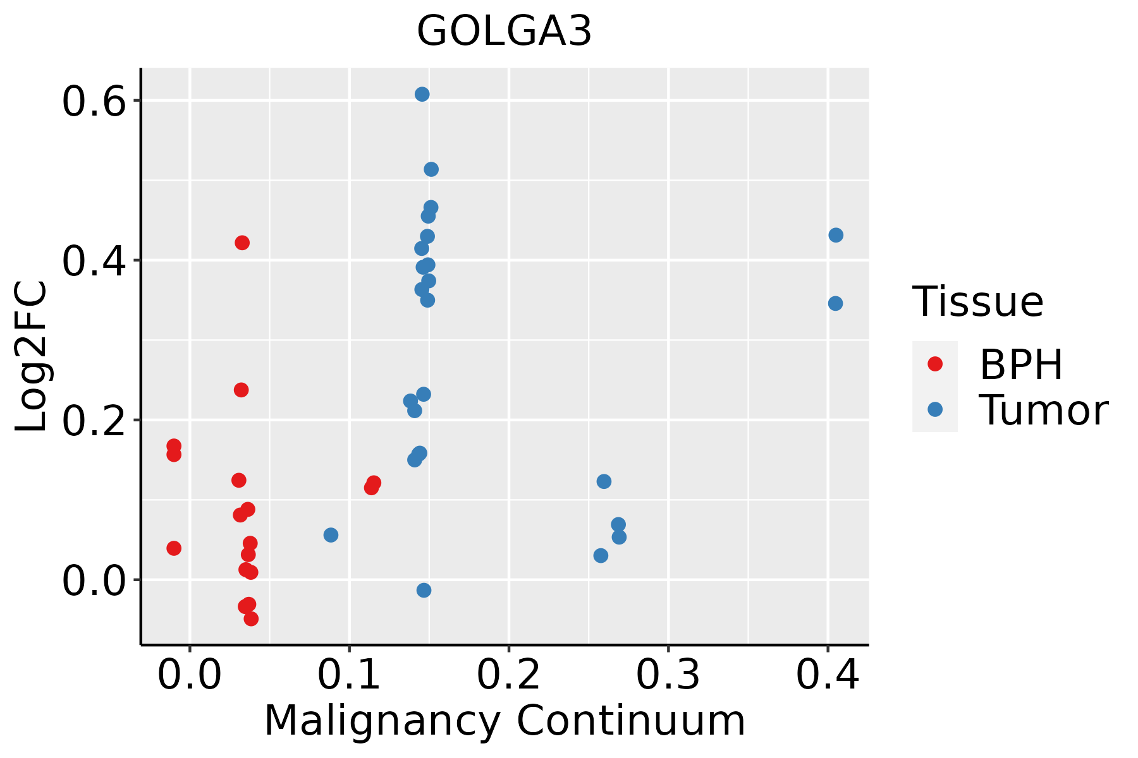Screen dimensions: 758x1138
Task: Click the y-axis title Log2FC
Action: click(32, 357)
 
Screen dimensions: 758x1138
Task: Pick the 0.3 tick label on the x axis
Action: click(668, 675)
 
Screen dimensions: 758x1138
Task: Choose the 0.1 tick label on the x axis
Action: click(349, 675)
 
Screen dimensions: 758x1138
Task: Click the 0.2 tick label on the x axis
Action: click(508, 675)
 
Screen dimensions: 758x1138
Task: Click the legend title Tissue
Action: click(978, 302)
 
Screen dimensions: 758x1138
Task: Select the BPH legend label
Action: click(1021, 364)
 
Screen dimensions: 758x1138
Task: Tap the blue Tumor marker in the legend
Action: click(934, 409)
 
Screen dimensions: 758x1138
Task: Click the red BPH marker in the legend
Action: click(934, 364)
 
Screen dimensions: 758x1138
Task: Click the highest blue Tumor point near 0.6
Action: click(422, 94)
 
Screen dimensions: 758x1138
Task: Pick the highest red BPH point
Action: click(242, 243)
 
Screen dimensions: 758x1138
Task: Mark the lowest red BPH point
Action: click(251, 618)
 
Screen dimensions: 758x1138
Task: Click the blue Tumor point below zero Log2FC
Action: click(424, 590)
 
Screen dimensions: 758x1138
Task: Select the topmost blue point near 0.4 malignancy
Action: click(836, 235)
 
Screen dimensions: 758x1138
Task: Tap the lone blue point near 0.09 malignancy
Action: click(331, 535)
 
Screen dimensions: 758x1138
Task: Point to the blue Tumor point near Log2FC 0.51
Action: click(431, 169)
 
